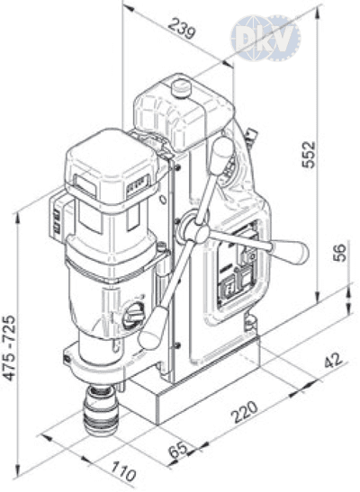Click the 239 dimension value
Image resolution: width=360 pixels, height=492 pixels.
[x=182, y=28]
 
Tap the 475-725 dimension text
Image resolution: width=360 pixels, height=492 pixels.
[x=9, y=348]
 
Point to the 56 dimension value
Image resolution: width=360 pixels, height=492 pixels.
[x=339, y=253]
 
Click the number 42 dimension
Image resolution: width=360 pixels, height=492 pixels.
[x=333, y=360]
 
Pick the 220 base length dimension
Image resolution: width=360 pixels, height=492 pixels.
[x=245, y=411]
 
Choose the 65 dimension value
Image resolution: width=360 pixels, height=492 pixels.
[x=179, y=451]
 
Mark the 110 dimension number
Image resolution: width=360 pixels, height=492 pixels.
[x=124, y=471]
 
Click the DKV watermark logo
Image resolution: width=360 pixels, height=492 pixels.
[x=265, y=38]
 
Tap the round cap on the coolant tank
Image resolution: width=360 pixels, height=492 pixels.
[x=182, y=87]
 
